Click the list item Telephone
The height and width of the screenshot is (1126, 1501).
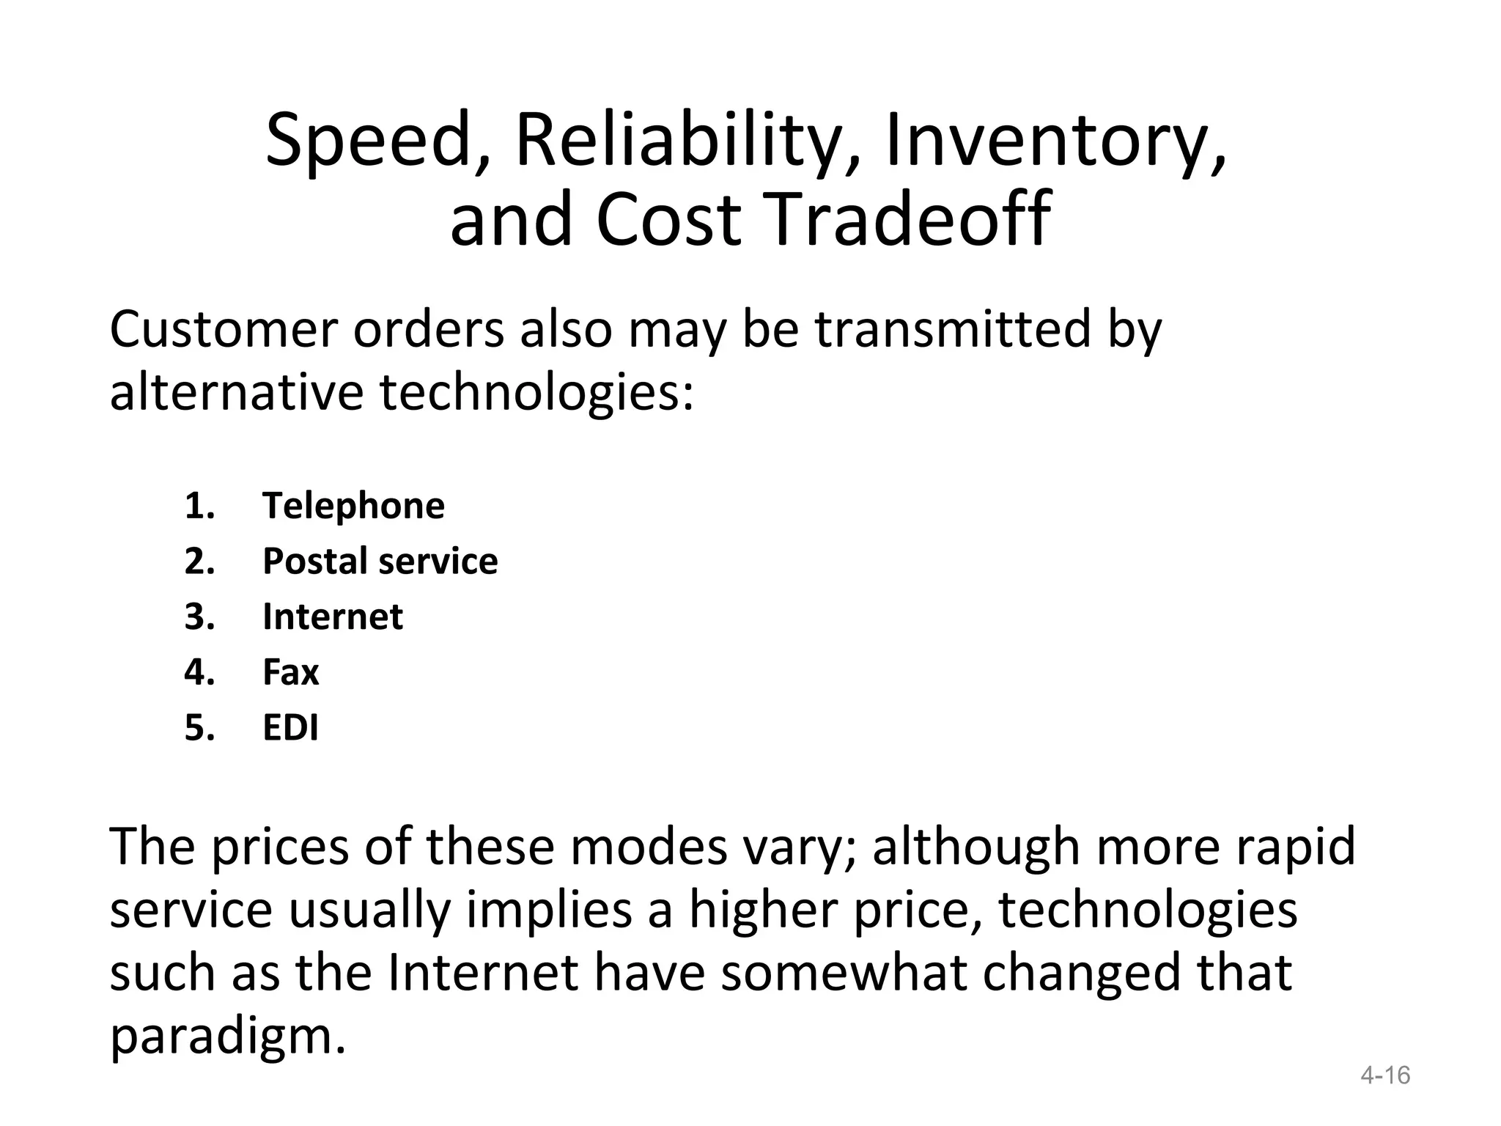point(353,506)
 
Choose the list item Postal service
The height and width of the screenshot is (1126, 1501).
point(380,562)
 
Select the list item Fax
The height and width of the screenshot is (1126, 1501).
point(290,672)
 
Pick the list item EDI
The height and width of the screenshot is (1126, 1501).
point(290,728)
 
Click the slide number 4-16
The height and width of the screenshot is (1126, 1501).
point(1384,1075)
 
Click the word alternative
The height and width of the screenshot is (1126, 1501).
point(236,392)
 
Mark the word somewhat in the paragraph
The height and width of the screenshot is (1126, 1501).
point(843,973)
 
